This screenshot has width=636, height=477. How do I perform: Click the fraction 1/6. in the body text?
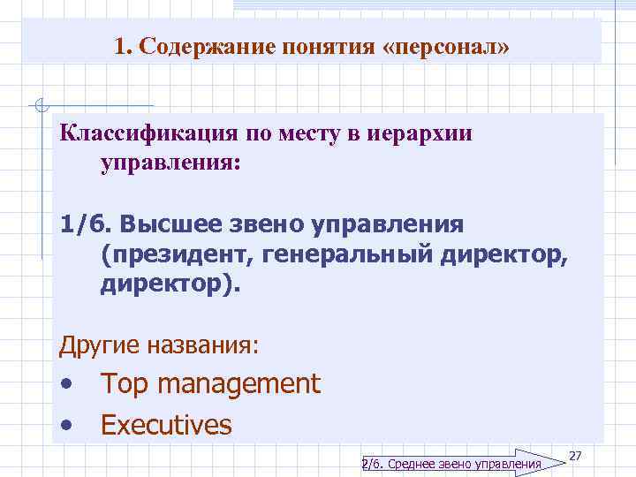point(85,223)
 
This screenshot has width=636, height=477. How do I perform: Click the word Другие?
point(95,345)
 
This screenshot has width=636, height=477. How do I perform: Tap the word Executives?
point(166,425)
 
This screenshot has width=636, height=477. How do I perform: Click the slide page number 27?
point(575,455)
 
